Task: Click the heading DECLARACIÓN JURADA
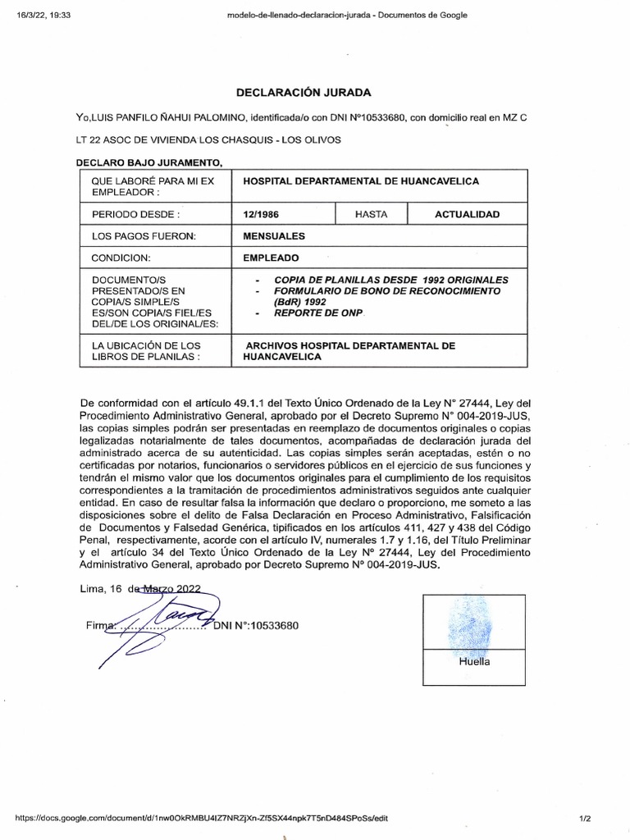(x=304, y=92)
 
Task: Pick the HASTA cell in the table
(x=371, y=214)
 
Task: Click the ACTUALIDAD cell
(x=467, y=214)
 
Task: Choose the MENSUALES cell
(x=274, y=236)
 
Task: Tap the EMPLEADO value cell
(x=271, y=258)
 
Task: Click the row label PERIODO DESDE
(x=135, y=214)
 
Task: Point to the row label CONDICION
(x=121, y=258)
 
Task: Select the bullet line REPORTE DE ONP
(x=317, y=314)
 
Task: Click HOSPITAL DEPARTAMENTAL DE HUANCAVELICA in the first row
(x=356, y=180)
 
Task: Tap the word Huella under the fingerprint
(x=473, y=662)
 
